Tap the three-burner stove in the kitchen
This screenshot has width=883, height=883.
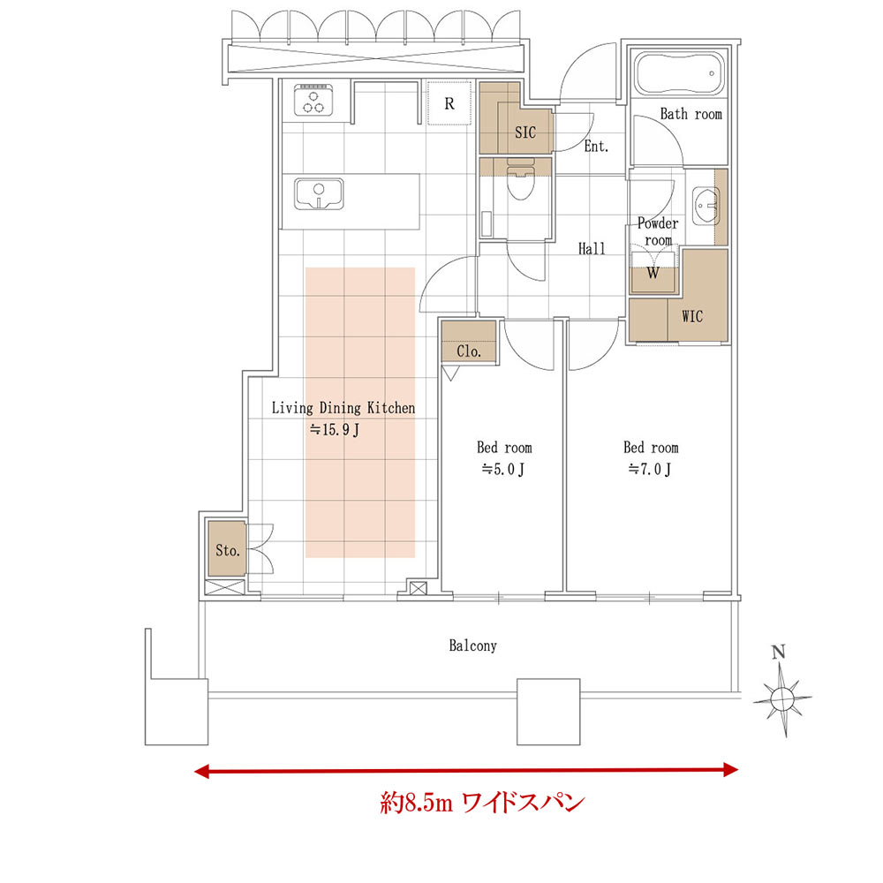313,100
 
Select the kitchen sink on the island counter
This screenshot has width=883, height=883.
319,194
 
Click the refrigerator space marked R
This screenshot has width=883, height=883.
449,103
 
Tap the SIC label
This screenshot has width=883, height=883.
525,132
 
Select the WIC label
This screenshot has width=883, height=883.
692,316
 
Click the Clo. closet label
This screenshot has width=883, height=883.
469,351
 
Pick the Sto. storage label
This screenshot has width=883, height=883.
228,549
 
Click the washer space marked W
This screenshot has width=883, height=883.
653,273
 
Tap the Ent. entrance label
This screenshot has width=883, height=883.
596,147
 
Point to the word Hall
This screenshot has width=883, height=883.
592,248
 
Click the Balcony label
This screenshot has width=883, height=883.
472,645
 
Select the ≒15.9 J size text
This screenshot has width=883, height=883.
334,430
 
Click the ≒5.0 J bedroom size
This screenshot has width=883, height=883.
503,469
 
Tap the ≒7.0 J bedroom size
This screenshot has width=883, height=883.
650,469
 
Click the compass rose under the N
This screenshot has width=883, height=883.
782,699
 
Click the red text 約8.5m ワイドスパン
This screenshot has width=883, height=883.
482,802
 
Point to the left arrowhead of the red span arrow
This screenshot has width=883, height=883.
201,770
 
